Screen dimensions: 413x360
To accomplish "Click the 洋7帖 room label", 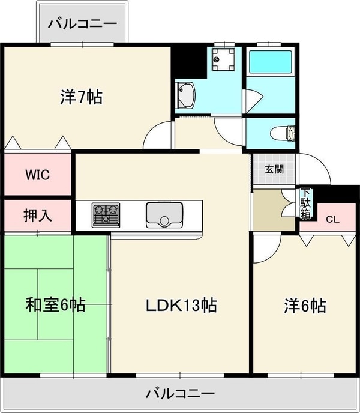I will click(x=82, y=96).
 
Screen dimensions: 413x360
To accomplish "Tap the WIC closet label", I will click(x=37, y=175).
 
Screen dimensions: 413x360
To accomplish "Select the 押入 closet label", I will click(x=37, y=216).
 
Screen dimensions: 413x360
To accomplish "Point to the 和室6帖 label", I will click(x=55, y=305).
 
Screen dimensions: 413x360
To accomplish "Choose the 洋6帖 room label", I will click(x=305, y=306).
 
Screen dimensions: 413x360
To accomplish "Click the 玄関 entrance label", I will click(x=274, y=169).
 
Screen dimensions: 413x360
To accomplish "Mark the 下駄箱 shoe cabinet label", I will click(x=306, y=204).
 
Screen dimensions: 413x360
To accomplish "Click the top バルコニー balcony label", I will click(x=82, y=24).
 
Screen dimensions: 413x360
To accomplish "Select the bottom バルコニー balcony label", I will click(x=180, y=394).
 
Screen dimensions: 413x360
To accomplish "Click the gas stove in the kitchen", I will click(x=106, y=215).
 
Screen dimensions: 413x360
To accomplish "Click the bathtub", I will click(x=270, y=62).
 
